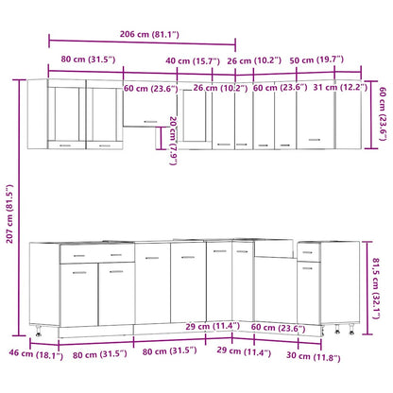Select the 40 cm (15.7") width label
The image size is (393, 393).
click(x=194, y=61)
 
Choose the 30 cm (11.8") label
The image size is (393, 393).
click(x=317, y=356)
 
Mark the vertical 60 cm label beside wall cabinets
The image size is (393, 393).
click(x=382, y=113)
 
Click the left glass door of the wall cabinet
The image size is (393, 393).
click(x=67, y=115)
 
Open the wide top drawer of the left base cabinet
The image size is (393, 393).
click(x=96, y=255)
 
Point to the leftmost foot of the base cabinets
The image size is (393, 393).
click(x=38, y=334)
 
